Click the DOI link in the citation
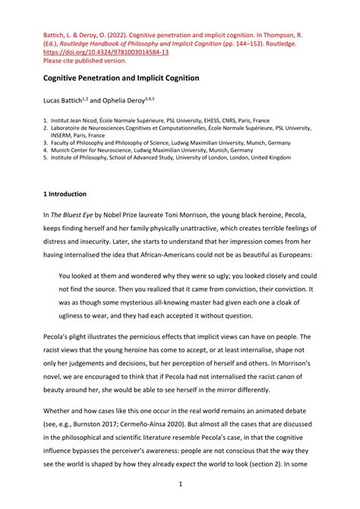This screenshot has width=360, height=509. (105, 52)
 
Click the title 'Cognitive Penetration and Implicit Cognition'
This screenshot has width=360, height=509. (120, 77)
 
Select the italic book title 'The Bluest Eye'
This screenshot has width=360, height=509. (73, 215)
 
